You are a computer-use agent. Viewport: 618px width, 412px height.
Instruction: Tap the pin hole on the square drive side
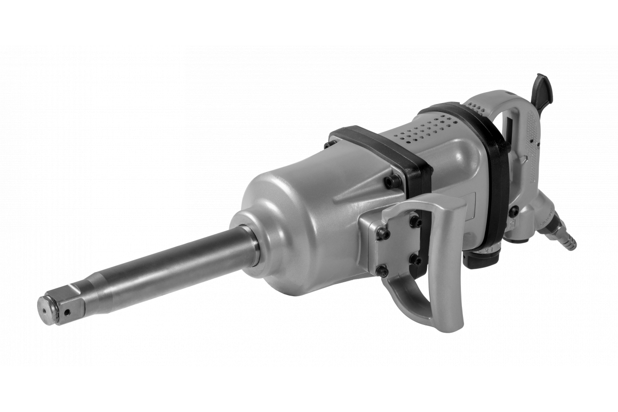coord(67,311)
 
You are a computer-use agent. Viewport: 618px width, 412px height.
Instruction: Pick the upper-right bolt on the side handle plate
coord(416,221)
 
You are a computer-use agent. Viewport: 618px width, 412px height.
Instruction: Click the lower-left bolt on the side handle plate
coord(382,270)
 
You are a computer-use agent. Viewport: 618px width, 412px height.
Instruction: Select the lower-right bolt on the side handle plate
coord(415,259)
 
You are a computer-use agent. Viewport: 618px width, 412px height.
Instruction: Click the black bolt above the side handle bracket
coord(392,181)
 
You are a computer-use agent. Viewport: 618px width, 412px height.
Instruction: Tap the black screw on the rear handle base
coord(513,211)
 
